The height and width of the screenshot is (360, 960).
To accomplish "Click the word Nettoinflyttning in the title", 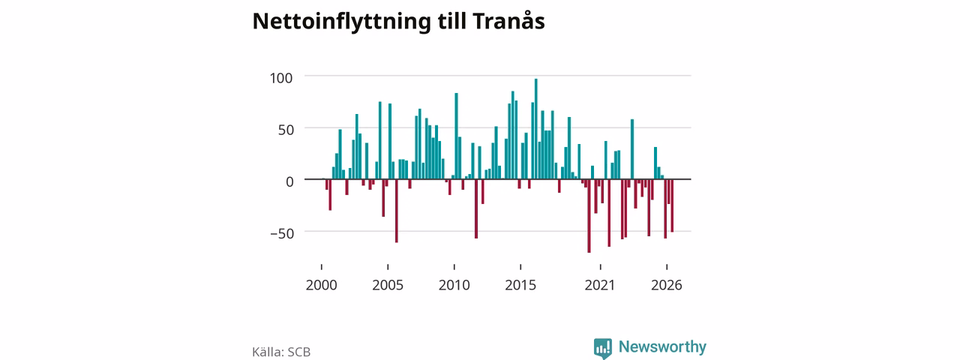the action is point(341,22).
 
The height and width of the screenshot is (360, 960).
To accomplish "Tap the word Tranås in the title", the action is point(508,20).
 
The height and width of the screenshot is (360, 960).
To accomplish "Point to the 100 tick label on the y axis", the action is point(281,78).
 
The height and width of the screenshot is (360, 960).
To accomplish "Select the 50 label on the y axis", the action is point(286,130).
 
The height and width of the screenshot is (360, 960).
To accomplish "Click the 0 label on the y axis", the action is point(289,181).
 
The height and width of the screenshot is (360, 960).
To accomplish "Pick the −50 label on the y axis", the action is point(283,233).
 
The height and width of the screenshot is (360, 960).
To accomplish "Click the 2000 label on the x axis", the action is point(322,285).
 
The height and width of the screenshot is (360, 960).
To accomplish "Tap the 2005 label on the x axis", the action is point(388,285).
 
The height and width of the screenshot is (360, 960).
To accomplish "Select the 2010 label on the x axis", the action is point(454,285).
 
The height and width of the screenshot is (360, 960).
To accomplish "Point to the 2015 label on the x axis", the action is point(520,285).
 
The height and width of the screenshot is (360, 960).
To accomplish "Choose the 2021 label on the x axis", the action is point(600,285).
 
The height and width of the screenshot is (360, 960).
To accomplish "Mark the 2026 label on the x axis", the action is point(667,285).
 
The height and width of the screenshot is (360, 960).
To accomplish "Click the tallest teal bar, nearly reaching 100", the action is point(535,129).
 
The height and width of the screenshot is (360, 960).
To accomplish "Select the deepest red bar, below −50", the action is point(589,216).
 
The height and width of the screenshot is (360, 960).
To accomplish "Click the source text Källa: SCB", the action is point(281,352).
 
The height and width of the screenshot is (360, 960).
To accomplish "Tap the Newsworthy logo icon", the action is point(602,348).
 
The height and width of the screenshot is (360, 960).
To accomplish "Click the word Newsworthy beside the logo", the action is point(662,346).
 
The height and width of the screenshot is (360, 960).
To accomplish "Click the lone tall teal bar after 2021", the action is point(632,149).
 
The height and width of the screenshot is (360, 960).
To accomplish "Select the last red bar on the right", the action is point(672,205).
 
